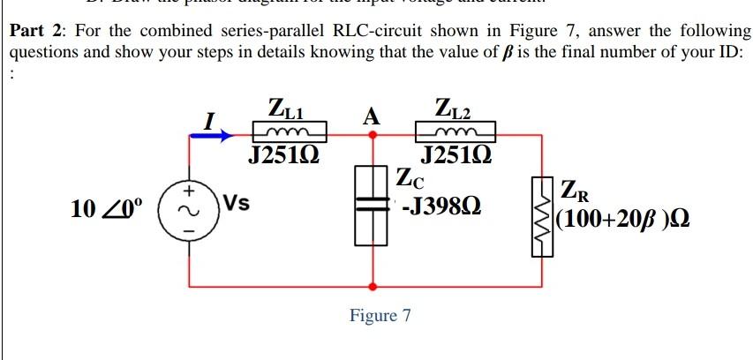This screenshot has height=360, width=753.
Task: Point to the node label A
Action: (x=372, y=116)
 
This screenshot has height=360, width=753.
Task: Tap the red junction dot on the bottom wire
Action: (x=373, y=287)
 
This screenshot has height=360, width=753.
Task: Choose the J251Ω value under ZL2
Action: (x=452, y=157)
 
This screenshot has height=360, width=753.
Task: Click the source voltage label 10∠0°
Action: (x=108, y=210)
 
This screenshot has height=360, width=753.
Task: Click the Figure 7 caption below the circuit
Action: (x=380, y=315)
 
